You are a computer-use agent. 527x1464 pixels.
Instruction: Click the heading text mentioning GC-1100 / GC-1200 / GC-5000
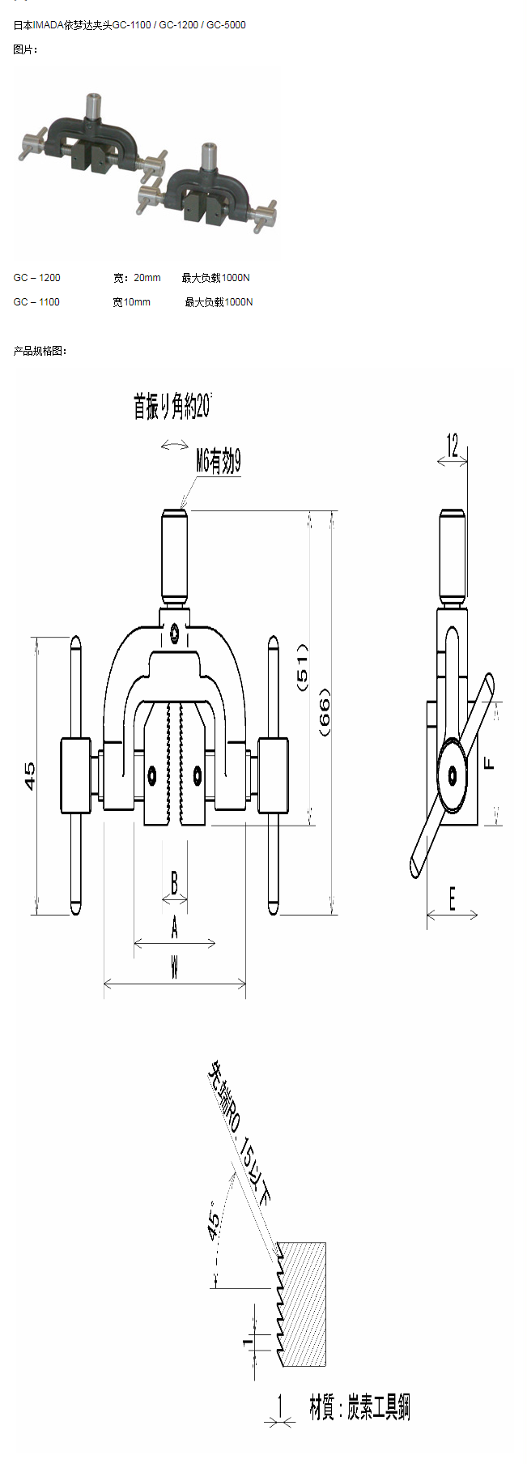(x=130, y=25)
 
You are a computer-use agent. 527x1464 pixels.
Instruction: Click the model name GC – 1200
(x=37, y=278)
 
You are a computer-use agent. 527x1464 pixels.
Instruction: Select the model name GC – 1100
(x=37, y=302)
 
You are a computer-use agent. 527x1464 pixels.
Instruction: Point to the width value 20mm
(x=147, y=278)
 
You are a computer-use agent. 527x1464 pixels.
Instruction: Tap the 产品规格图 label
(x=40, y=351)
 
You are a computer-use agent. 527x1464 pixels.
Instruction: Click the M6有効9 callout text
(x=218, y=462)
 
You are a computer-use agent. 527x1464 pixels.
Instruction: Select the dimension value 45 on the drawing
(x=30, y=775)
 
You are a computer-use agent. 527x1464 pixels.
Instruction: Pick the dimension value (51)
(x=303, y=667)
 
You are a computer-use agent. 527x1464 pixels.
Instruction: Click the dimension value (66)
(x=325, y=712)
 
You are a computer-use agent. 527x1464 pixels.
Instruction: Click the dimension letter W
(x=174, y=967)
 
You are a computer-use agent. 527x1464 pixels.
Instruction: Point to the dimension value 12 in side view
(x=453, y=445)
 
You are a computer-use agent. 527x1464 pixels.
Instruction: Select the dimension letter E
(x=452, y=898)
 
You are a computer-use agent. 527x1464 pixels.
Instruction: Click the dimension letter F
(x=488, y=763)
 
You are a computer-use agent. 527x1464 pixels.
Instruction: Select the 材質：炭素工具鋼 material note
(x=359, y=1407)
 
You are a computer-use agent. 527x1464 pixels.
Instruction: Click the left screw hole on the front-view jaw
(x=152, y=775)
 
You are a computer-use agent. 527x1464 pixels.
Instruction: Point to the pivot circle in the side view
(x=453, y=776)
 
